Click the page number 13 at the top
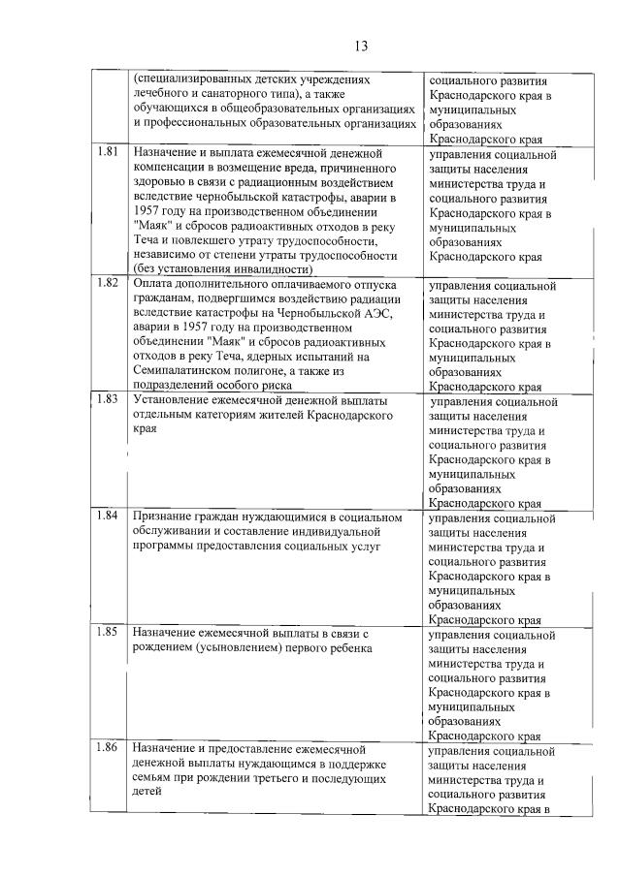click(x=360, y=46)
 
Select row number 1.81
click(x=109, y=152)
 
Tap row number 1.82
click(x=109, y=283)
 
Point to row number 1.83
click(x=109, y=399)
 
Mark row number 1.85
click(x=109, y=632)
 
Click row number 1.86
click(x=109, y=749)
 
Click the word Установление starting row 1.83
click(x=173, y=400)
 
